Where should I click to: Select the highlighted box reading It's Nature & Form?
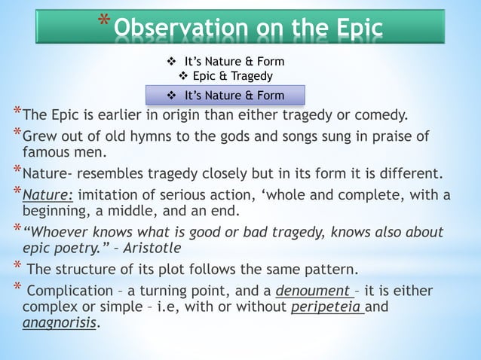(225, 96)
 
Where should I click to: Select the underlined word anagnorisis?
(60, 323)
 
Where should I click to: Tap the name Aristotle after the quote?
(155, 247)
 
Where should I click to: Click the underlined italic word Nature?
(47, 195)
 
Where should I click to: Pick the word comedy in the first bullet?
(380, 115)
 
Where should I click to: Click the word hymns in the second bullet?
(168, 137)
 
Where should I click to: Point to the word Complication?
(69, 291)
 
